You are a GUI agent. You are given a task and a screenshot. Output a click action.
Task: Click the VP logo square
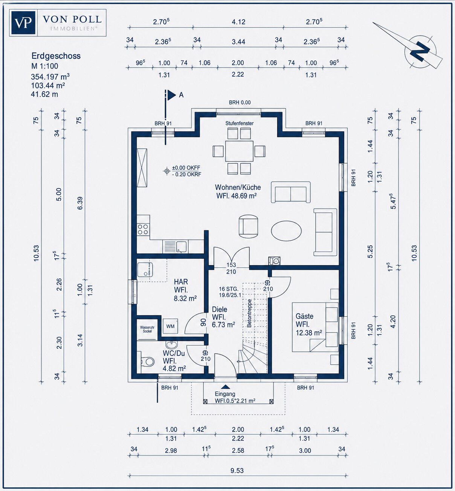(23, 23)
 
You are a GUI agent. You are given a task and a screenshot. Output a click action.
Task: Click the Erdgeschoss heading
(56, 56)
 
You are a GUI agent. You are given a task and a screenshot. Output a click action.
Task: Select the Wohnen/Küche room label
(238, 187)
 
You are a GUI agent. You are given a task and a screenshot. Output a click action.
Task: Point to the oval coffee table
(286, 231)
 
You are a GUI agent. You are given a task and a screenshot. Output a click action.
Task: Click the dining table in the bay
(239, 151)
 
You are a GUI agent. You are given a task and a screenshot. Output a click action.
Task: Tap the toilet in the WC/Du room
(147, 362)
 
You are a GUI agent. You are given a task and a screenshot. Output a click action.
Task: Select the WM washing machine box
(170, 326)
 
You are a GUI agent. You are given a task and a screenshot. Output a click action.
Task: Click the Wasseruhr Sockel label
(147, 329)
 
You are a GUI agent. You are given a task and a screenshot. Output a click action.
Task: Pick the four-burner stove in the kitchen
(143, 229)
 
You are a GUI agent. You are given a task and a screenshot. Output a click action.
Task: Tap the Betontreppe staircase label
(249, 313)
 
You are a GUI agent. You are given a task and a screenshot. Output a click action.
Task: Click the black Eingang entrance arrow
(225, 387)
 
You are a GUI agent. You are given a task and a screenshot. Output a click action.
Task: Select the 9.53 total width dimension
(237, 471)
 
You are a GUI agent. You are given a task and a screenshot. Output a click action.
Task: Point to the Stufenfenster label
(239, 123)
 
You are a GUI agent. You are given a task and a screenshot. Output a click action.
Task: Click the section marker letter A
(181, 95)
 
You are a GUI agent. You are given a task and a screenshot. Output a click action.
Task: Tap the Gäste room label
(304, 316)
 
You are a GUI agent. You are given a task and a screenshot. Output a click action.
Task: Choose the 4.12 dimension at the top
(238, 22)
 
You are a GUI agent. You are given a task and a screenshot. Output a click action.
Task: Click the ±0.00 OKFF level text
(186, 167)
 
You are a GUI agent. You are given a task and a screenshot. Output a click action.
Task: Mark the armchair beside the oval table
(248, 226)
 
